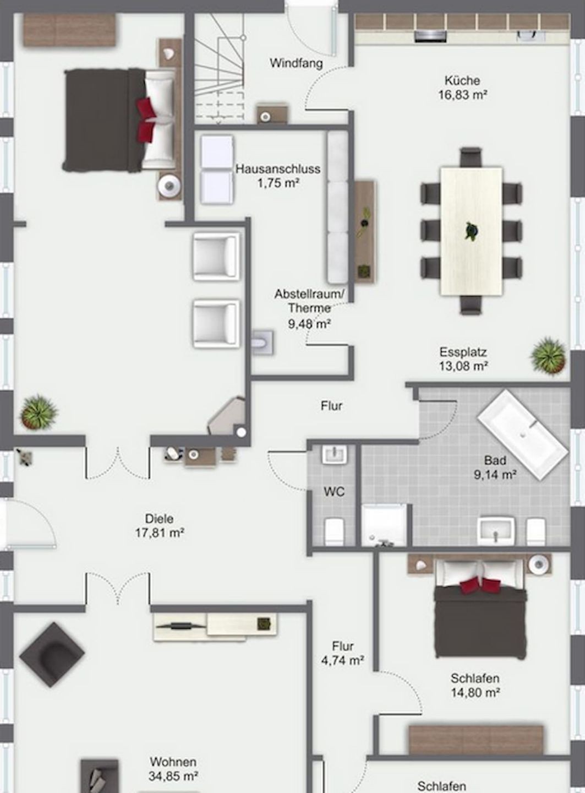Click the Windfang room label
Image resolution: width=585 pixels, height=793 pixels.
point(296,63)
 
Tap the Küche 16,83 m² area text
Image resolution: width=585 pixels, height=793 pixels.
point(463,88)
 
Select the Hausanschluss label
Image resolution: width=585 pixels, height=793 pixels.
point(278,169)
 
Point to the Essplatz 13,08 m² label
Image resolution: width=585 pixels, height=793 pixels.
point(463,359)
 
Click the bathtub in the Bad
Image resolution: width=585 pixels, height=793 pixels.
point(523,434)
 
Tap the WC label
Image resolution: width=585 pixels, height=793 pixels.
point(334,492)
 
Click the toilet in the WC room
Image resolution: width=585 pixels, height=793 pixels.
point(335,531)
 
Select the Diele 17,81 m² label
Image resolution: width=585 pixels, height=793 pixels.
point(160,526)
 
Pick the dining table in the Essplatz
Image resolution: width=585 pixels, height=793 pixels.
point(472,231)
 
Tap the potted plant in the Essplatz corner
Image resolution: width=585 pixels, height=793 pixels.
point(548,356)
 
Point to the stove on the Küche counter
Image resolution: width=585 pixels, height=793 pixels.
point(430,36)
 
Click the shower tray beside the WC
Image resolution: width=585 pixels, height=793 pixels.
point(384,525)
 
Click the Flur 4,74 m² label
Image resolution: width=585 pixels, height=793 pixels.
point(343,653)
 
